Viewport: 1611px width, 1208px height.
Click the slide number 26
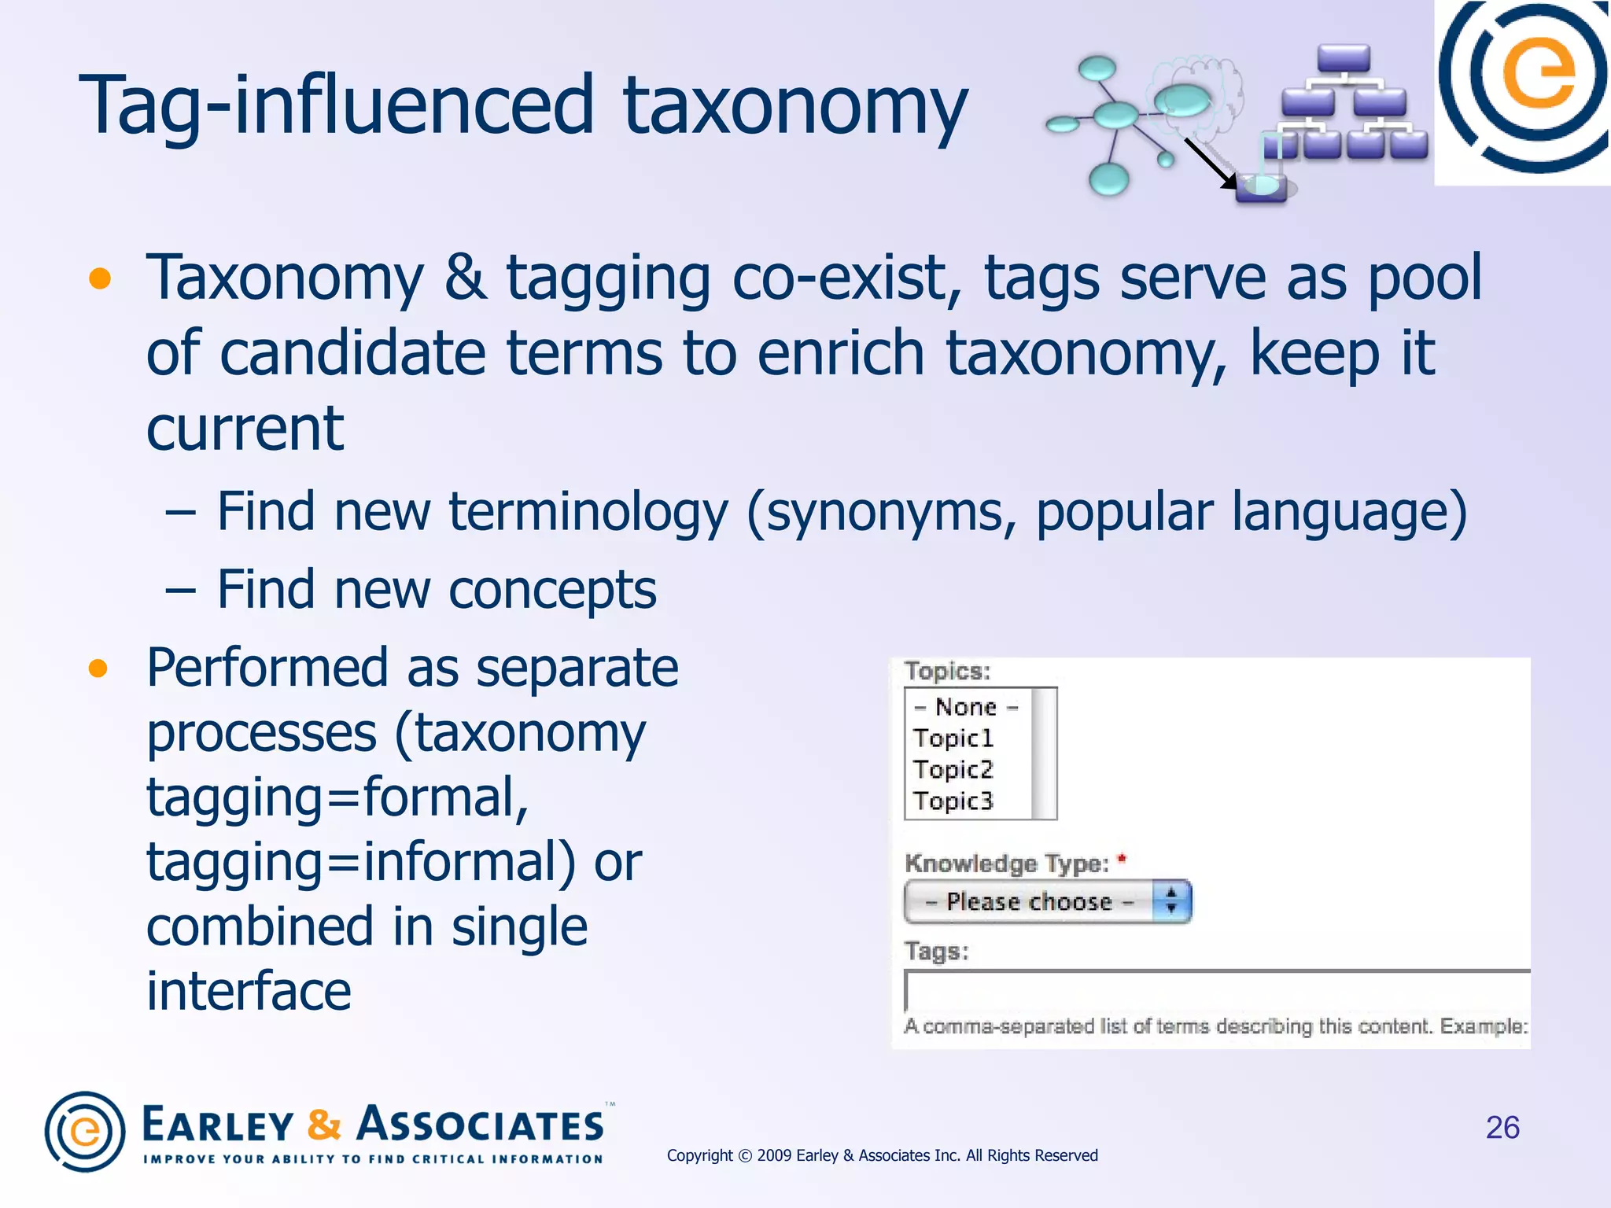tap(1502, 1127)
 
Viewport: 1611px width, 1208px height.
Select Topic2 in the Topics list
tap(953, 769)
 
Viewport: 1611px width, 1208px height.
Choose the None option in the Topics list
tap(966, 707)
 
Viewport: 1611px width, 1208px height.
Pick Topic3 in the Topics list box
tap(953, 801)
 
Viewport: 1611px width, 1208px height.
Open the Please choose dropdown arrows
tap(1171, 900)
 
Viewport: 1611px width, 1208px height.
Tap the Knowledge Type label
tap(1006, 864)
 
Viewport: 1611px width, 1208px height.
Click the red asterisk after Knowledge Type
tap(1122, 858)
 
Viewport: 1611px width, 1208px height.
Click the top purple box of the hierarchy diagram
tap(1344, 57)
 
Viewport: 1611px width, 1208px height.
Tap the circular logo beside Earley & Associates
tap(85, 1131)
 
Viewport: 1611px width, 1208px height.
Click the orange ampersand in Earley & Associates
tap(323, 1124)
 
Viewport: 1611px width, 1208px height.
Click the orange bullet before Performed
tap(98, 668)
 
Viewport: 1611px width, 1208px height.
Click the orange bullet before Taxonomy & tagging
tap(99, 278)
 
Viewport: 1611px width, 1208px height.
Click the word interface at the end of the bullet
tap(249, 991)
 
